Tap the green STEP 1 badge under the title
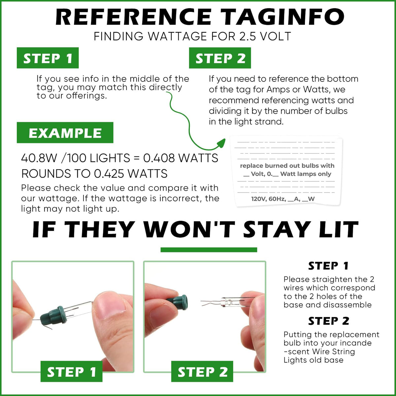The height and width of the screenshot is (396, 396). [x=48, y=58]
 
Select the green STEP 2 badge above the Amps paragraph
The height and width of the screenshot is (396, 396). [x=220, y=58]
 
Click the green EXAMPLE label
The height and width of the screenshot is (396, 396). [x=65, y=133]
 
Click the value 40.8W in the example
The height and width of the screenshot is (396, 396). [x=39, y=158]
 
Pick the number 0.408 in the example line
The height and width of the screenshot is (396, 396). [x=159, y=158]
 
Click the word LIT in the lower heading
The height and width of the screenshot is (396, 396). [x=341, y=229]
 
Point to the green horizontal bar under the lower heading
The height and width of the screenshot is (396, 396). [x=209, y=250]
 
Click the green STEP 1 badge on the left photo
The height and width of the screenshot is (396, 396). [x=72, y=371]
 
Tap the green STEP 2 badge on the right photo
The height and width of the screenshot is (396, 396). [x=202, y=371]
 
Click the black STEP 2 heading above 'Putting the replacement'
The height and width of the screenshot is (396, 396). [x=329, y=321]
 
